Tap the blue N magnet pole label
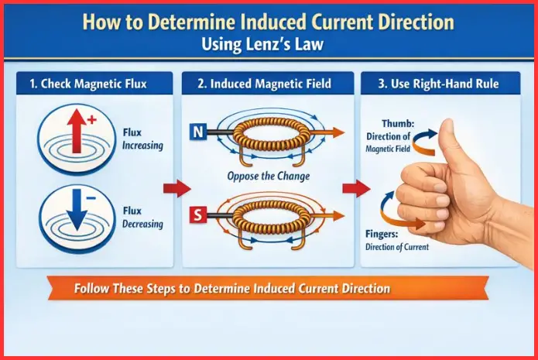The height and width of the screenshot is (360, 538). pyautogui.click(x=198, y=132)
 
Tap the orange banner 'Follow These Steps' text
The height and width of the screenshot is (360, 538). pyautogui.click(x=232, y=289)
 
